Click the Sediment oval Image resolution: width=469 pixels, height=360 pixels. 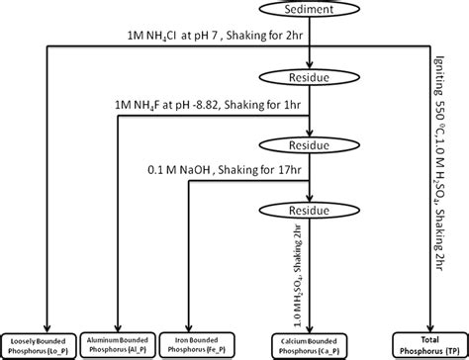(312, 11)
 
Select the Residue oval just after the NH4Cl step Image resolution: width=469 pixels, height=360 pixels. (312, 76)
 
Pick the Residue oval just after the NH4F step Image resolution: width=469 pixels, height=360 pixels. (312, 143)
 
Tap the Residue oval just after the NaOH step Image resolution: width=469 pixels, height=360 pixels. (312, 210)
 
